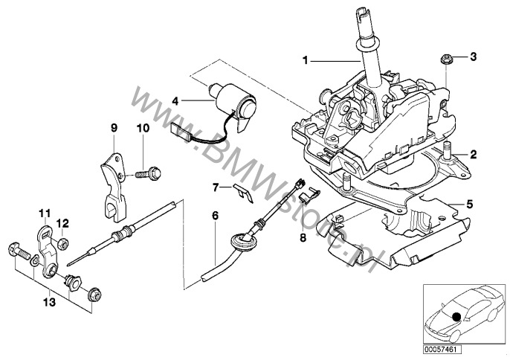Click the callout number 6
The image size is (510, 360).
216,216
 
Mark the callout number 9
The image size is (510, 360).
114,128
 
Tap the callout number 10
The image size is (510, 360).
143,128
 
